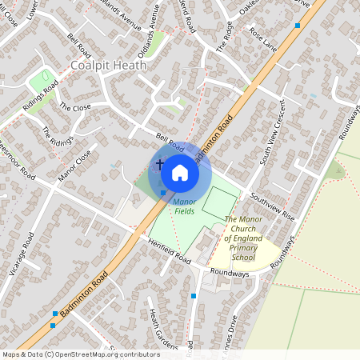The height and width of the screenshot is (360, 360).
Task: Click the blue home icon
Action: click(x=180, y=171)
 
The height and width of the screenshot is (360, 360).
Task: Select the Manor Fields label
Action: click(x=185, y=206)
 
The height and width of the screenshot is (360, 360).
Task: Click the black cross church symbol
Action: click(x=160, y=164)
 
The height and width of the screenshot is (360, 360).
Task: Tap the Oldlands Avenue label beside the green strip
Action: click(x=149, y=27)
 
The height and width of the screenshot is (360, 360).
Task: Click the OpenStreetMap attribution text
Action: click(x=80, y=354)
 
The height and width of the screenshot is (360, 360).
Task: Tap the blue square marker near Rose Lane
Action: click(x=298, y=26)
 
